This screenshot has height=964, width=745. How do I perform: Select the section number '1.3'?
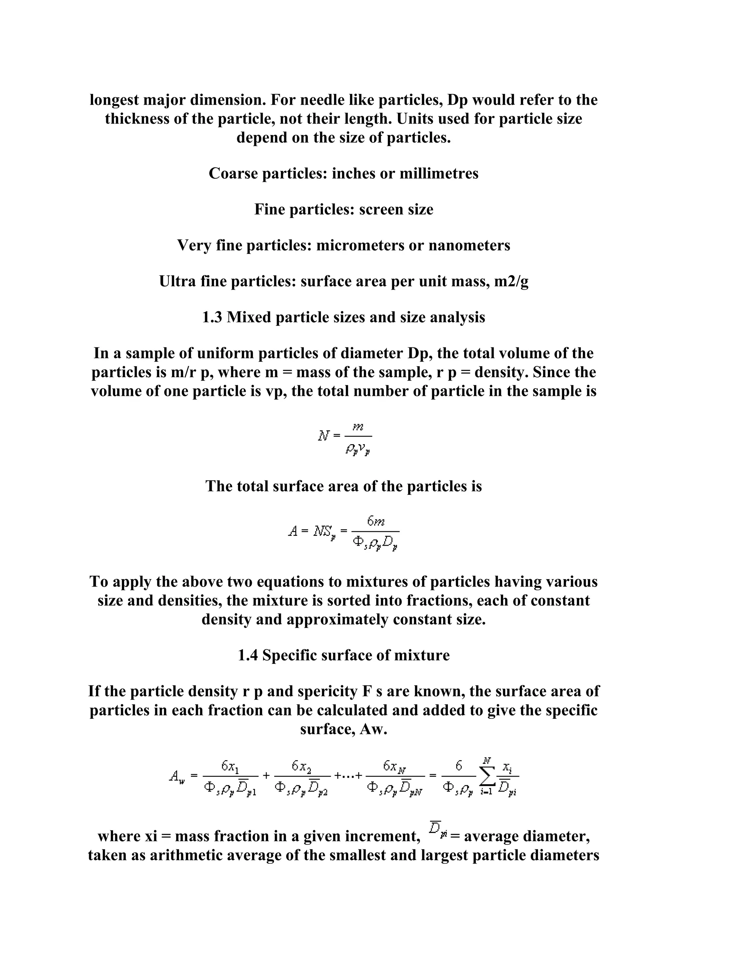[x=212, y=317]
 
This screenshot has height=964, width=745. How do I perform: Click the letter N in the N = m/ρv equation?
[x=323, y=436]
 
